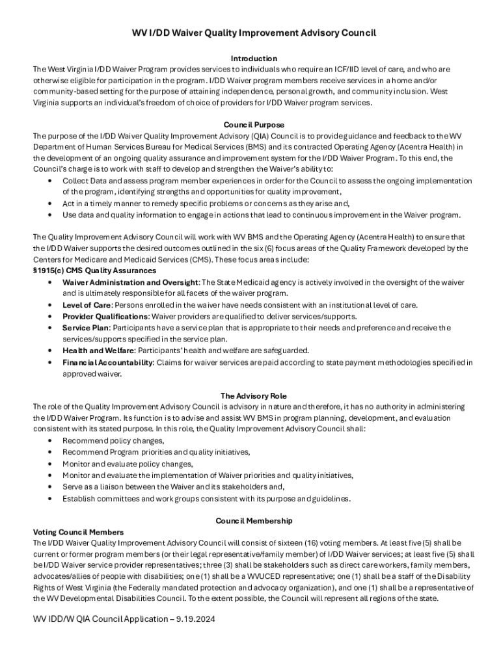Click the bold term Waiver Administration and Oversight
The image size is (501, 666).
pos(130,282)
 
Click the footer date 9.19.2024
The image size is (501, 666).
pos(193,619)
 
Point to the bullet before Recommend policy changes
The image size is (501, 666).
pos(50,441)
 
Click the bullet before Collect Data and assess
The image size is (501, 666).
pos(50,180)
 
